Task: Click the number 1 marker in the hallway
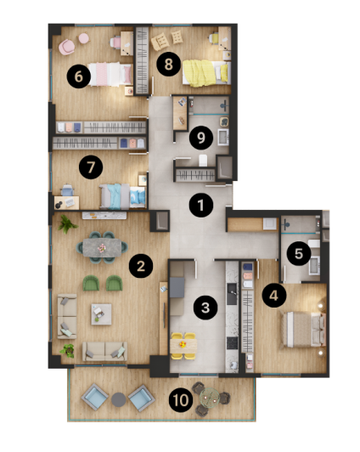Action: pos(200,205)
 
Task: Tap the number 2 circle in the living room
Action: pos(140,266)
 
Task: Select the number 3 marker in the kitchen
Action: pos(203,307)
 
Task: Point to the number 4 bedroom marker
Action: pos(273,295)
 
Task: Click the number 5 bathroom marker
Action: pos(296,252)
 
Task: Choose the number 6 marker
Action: pos(79,76)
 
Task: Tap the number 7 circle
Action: pos(89,167)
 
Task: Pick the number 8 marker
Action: pos(168,62)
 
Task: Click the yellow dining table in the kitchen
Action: pos(183,344)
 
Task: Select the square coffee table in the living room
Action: pos(100,314)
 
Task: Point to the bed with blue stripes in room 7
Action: pos(116,195)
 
